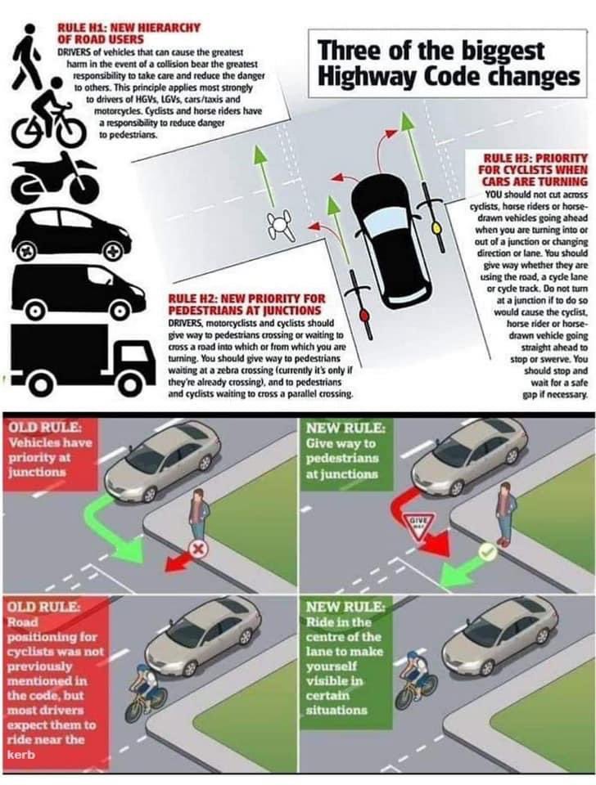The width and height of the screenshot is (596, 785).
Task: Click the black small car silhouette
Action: tap(69, 232)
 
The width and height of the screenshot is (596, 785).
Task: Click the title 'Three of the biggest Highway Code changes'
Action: tap(449, 64)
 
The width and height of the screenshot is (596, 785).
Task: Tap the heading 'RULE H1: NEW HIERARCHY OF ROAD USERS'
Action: tap(128, 33)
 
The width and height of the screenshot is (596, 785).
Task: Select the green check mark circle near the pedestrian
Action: tap(489, 554)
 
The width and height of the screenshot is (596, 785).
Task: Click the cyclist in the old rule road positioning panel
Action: tap(146, 693)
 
